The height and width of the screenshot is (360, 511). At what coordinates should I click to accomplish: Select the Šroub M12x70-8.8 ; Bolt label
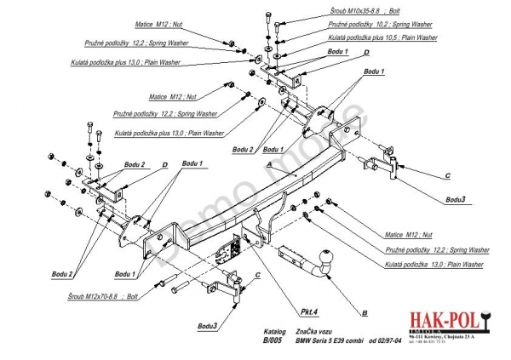click(100, 295)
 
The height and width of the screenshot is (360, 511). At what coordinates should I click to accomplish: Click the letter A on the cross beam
click(269, 163)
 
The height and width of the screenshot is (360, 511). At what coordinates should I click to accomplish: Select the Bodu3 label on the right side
click(456, 198)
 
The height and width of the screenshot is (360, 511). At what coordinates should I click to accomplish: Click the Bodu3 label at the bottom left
click(209, 325)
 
